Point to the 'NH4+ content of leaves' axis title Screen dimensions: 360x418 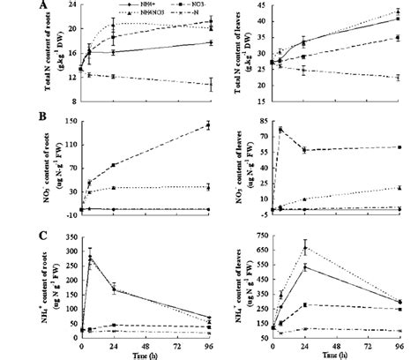(243, 287)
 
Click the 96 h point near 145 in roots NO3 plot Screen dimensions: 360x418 (208, 125)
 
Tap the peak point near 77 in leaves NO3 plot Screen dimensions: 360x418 (280, 130)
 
